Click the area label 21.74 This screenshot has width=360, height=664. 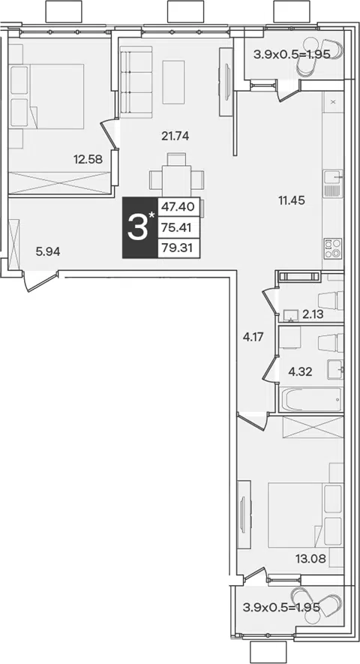pos(175,136)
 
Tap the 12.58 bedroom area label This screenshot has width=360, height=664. pos(88,160)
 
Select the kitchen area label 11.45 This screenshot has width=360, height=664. pos(292,200)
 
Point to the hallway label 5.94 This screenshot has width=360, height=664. pos(48,252)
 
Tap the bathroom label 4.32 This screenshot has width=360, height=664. pos(300,372)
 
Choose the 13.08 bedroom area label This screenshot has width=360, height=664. pos(310,559)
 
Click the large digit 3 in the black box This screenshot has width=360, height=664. pos(138,228)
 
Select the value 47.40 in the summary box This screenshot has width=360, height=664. pos(178,207)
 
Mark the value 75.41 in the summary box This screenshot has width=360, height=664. pos(178,228)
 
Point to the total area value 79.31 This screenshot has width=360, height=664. pos(178,248)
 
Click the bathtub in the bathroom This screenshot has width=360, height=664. pos(310,399)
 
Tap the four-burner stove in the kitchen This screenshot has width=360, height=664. pos(333,248)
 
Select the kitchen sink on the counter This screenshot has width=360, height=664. pos(333,183)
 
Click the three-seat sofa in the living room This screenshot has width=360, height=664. pos(136,82)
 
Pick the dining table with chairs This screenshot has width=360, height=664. pos(177,177)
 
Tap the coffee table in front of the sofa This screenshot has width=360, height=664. pos(174,82)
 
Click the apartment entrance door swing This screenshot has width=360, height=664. pos(40,281)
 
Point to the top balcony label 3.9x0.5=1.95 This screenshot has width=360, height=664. pos(292,55)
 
